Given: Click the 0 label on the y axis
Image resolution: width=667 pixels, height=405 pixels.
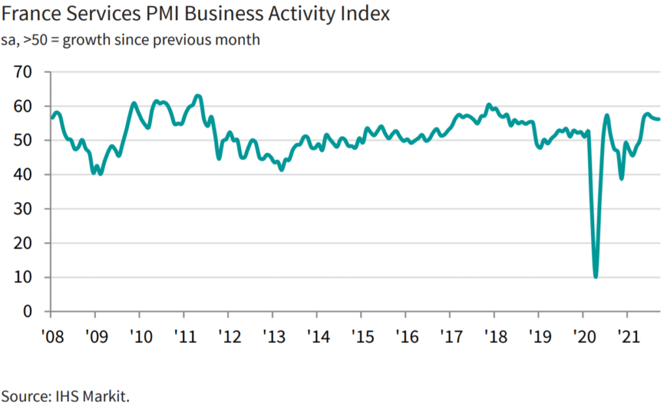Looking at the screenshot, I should (28, 312).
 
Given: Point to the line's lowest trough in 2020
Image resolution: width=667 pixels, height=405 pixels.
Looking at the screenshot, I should (595, 277).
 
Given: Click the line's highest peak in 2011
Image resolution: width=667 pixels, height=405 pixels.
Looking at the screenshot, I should (198, 97).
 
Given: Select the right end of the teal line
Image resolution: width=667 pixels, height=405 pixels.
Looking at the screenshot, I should (659, 119).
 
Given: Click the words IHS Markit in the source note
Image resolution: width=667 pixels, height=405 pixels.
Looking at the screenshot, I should (95, 396).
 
